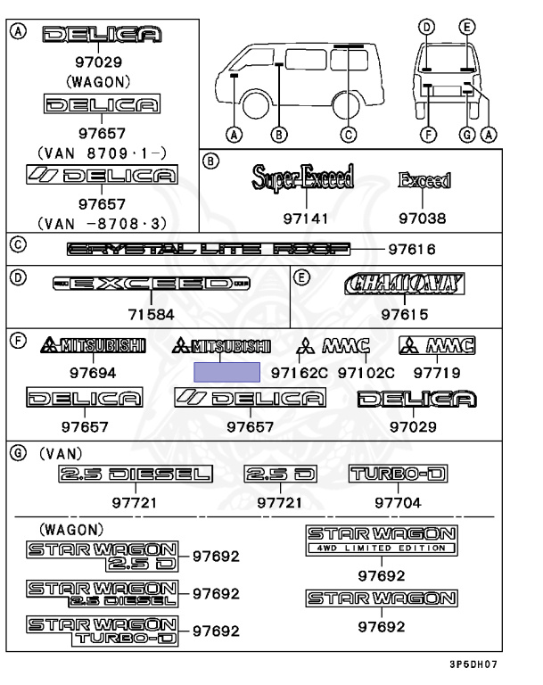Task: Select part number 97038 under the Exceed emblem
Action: coord(423,219)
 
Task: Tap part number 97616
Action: coord(412,250)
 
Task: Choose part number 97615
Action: coord(405,314)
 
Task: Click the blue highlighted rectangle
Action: coord(227,372)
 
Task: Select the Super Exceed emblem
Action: coord(302,177)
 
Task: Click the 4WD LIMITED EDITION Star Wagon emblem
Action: coord(382,540)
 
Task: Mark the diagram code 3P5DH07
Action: coord(473,664)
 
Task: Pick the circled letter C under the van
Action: coord(349,136)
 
